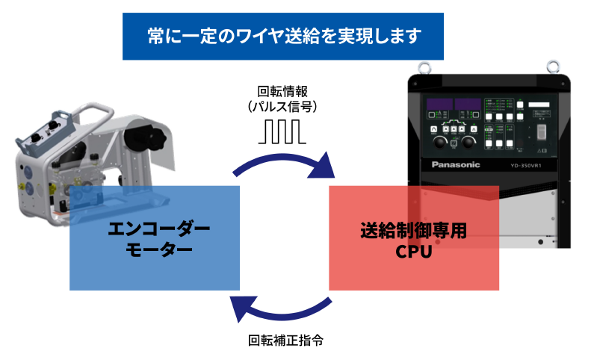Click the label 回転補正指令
(285, 341)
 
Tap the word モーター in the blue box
(154, 249)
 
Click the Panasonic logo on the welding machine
(456, 166)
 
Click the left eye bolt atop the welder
(424, 68)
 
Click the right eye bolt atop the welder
(553, 68)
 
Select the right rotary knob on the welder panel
(469, 143)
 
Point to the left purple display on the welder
(439, 105)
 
